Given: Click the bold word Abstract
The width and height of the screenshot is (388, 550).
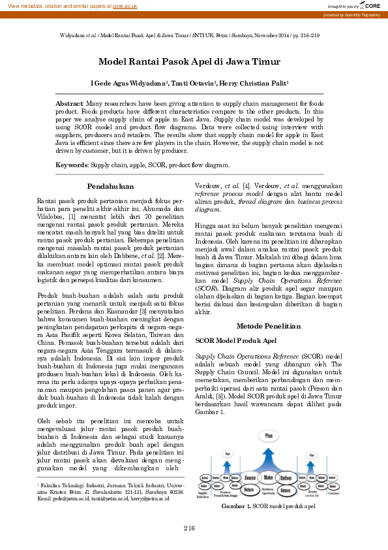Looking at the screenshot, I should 69,104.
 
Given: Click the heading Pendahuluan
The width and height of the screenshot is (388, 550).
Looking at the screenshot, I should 110,186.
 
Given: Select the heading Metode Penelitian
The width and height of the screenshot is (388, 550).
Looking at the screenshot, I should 267,325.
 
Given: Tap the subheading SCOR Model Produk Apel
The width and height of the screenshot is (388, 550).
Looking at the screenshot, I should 235,340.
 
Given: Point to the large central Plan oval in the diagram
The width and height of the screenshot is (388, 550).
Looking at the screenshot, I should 268,435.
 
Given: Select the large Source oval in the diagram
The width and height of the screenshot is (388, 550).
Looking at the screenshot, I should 250,477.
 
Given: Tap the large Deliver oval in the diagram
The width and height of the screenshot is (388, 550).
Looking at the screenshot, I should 286,477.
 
